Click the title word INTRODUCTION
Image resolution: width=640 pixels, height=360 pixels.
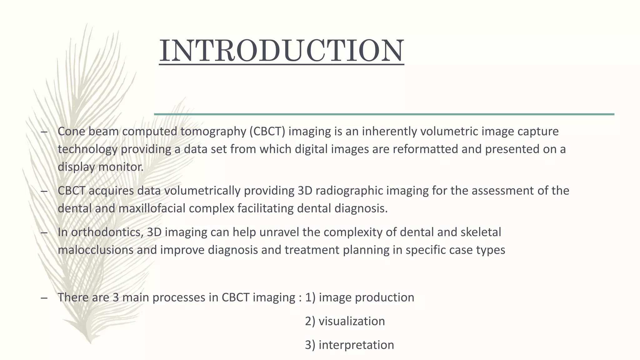coord(281,51)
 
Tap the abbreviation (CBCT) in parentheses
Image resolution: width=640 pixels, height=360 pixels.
coord(267,132)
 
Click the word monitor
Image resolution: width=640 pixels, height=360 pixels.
coord(121,167)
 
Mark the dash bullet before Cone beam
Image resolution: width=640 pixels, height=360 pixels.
coord(44,132)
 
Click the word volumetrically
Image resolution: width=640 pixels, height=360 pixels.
coord(202,191)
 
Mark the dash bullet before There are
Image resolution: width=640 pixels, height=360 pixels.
coord(44,298)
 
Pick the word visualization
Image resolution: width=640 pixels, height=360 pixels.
coord(352,321)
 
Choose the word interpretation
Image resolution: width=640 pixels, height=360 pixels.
coord(356,345)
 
